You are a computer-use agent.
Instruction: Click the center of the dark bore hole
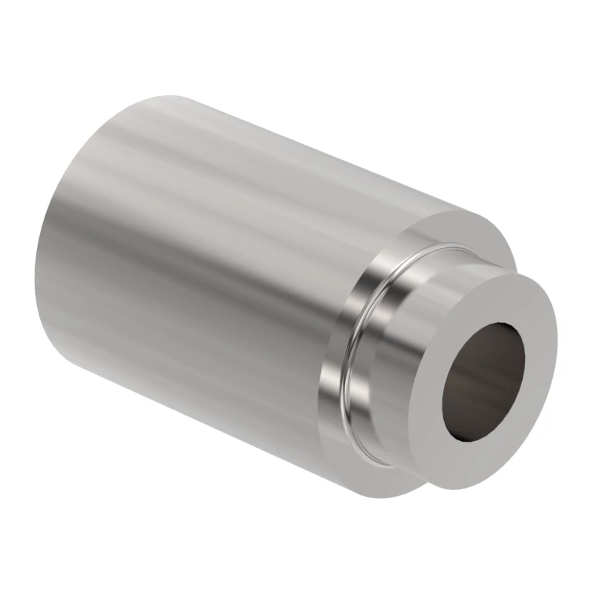point(484,380)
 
